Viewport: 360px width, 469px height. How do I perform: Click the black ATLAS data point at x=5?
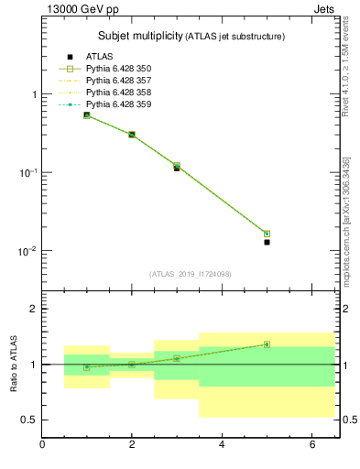click(x=267, y=242)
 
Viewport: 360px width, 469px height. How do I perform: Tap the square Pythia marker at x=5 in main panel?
click(x=267, y=234)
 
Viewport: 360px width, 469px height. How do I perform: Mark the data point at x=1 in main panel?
click(x=87, y=115)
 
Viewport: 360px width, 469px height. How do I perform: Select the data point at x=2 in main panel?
click(x=132, y=135)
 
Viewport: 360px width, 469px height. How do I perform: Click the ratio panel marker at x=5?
click(x=267, y=344)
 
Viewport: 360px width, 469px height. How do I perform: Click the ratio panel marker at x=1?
click(x=87, y=367)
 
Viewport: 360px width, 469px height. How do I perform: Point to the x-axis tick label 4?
click(x=222, y=445)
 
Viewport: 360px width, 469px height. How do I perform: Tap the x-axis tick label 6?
click(x=311, y=445)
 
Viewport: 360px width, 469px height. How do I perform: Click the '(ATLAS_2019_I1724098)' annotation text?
click(x=191, y=273)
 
